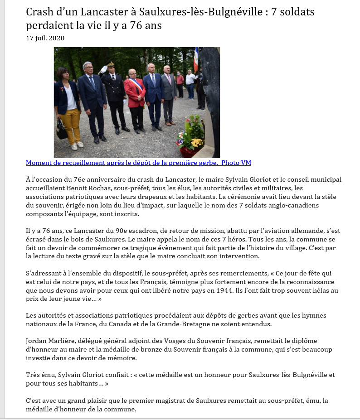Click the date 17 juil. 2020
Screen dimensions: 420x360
coord(45,38)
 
